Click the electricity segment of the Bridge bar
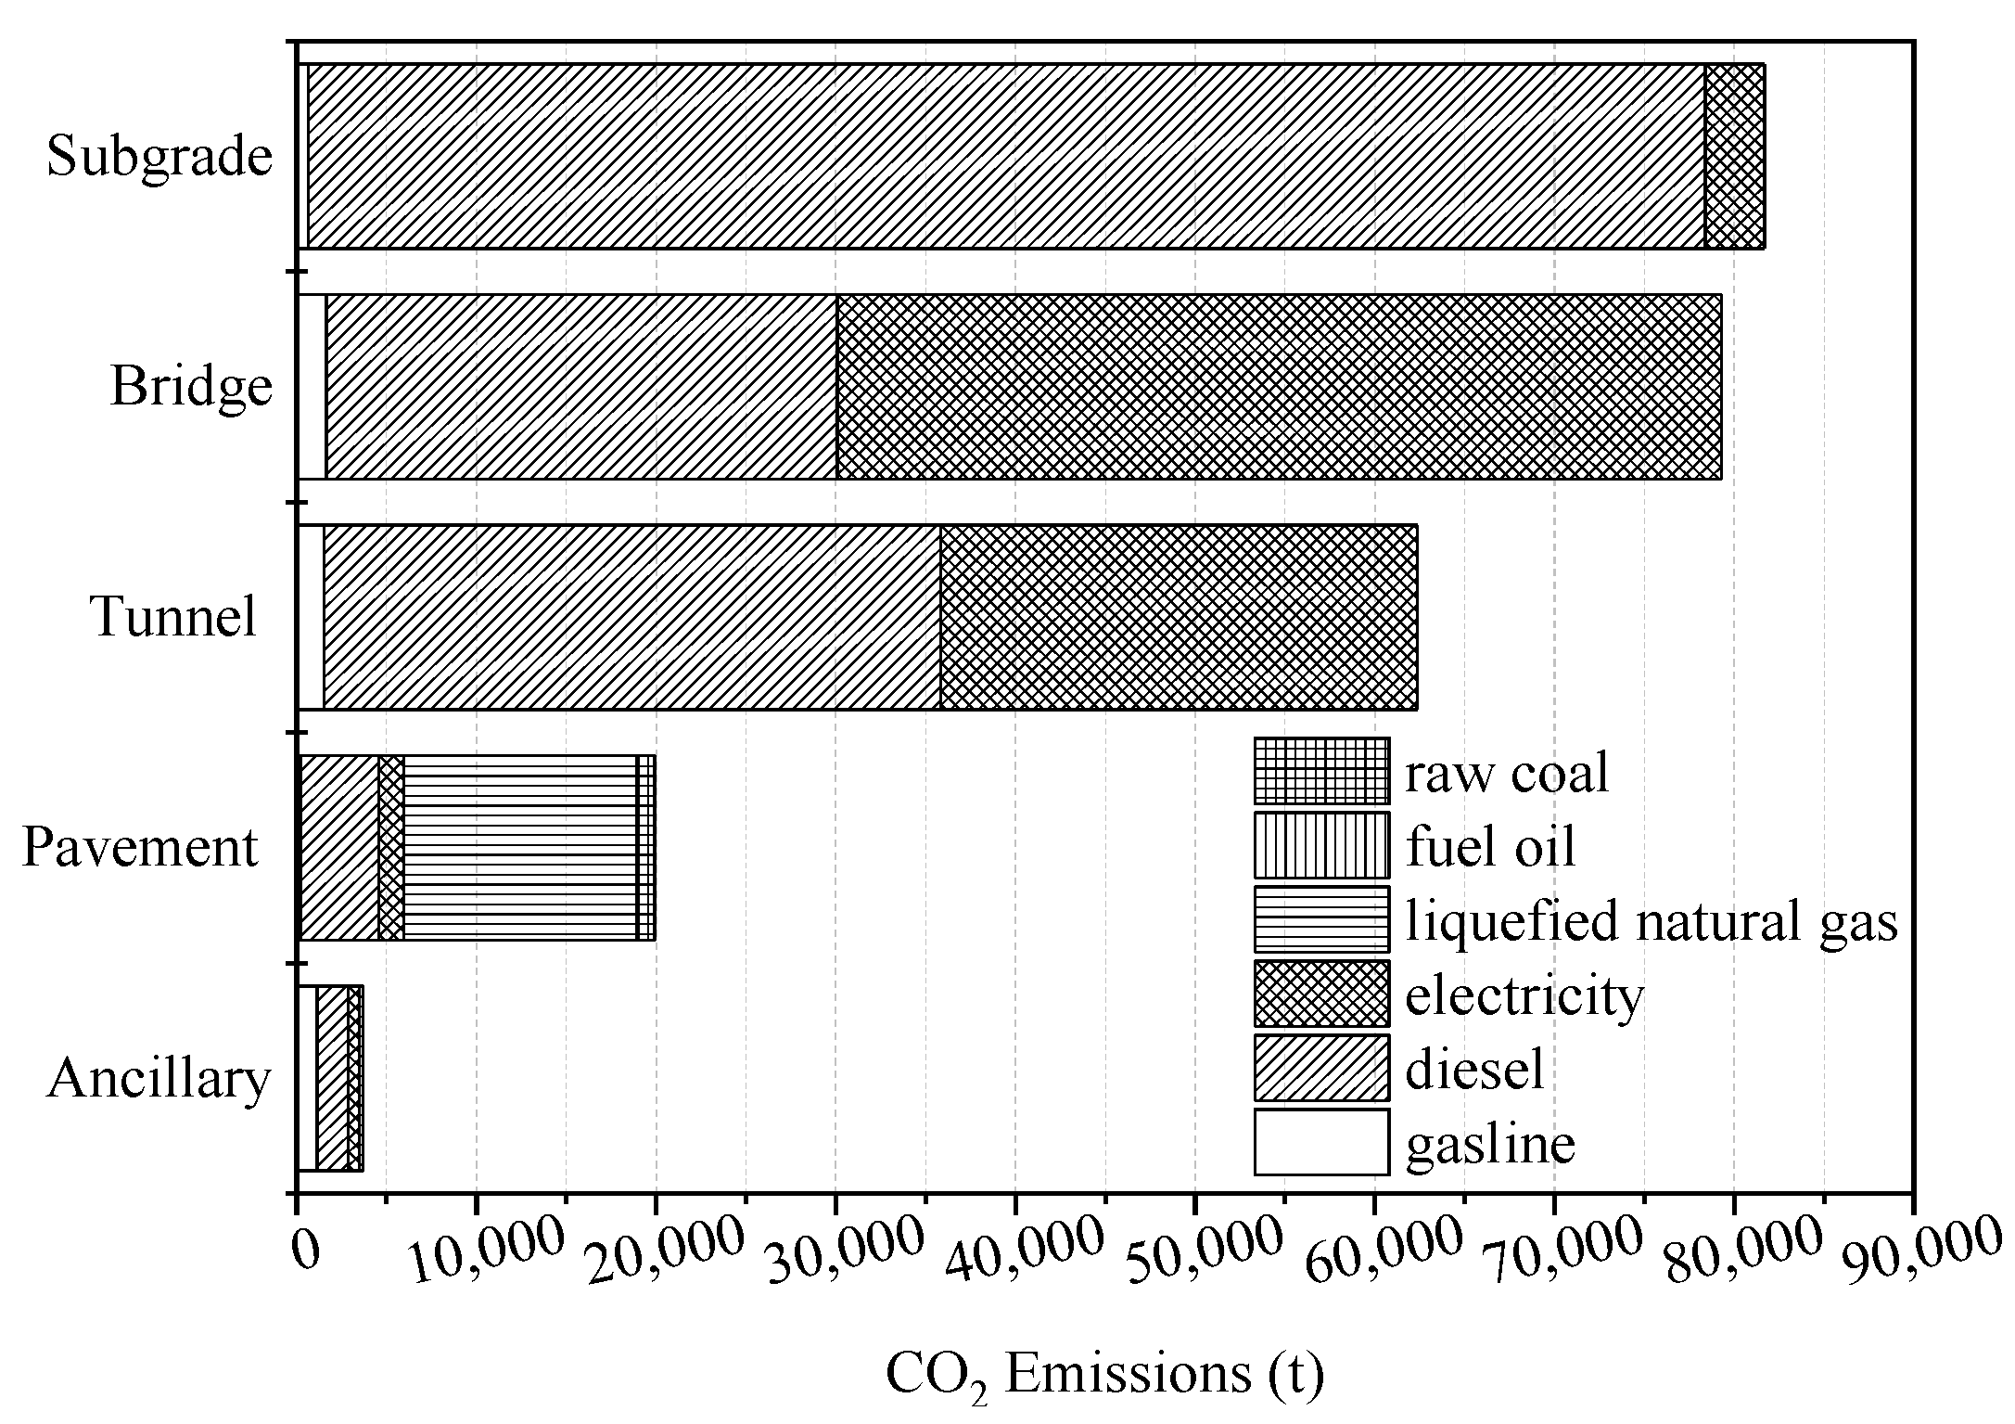(1279, 387)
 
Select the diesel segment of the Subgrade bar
(1006, 156)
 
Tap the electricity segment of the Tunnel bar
(1179, 617)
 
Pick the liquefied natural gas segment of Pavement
(520, 848)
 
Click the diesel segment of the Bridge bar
(581, 387)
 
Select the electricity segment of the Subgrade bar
(1734, 156)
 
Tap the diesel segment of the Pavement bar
(339, 848)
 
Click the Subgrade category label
(159, 156)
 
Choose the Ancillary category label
(159, 1078)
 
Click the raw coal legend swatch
(1321, 771)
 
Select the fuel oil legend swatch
(1321, 845)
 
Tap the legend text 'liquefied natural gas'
(1652, 921)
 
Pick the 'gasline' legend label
(1490, 1143)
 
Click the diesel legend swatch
(1321, 1068)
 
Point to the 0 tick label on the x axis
(305, 1250)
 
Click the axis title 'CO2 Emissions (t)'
(1104, 1375)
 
